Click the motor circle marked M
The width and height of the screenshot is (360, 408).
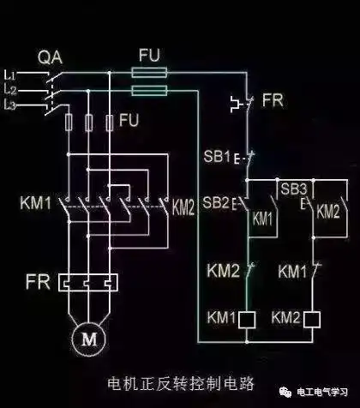89,339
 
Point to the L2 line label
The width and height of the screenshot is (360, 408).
10,89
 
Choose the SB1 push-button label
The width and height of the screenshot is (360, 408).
215,159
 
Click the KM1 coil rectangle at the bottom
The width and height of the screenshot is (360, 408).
248,319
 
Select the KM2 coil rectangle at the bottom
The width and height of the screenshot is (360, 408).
313,319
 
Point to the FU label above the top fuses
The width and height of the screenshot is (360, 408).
149,53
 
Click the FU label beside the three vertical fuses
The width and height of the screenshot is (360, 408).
129,119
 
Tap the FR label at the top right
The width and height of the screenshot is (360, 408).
273,100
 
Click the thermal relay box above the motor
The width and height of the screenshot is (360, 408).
87,282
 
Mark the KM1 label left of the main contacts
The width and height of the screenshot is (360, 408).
36,204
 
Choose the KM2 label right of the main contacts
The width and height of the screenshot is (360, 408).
184,206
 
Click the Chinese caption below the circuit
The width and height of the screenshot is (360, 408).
179,381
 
